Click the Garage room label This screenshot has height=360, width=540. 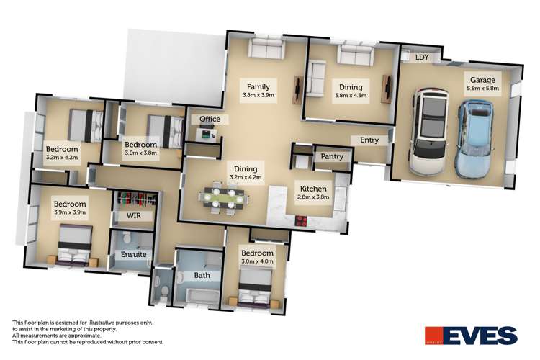pos(482,81)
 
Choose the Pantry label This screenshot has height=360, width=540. pos(331,156)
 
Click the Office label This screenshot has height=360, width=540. pos(210,119)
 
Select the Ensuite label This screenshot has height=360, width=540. pos(132,254)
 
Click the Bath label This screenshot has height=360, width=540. pos(192,275)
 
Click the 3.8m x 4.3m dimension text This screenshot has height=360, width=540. pos(351,95)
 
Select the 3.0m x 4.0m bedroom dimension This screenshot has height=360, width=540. pos(257,264)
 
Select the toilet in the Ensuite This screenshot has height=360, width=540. pos(127,238)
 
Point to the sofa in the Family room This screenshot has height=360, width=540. pos(266,49)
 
